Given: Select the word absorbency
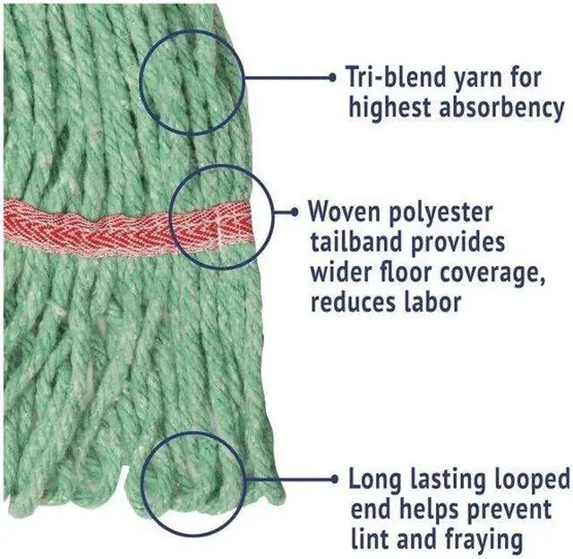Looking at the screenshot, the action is [x=500, y=108].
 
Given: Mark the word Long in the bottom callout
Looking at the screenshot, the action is [x=377, y=478].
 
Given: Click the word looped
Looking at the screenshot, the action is [x=527, y=478].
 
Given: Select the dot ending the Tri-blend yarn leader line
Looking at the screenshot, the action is [x=332, y=77].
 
